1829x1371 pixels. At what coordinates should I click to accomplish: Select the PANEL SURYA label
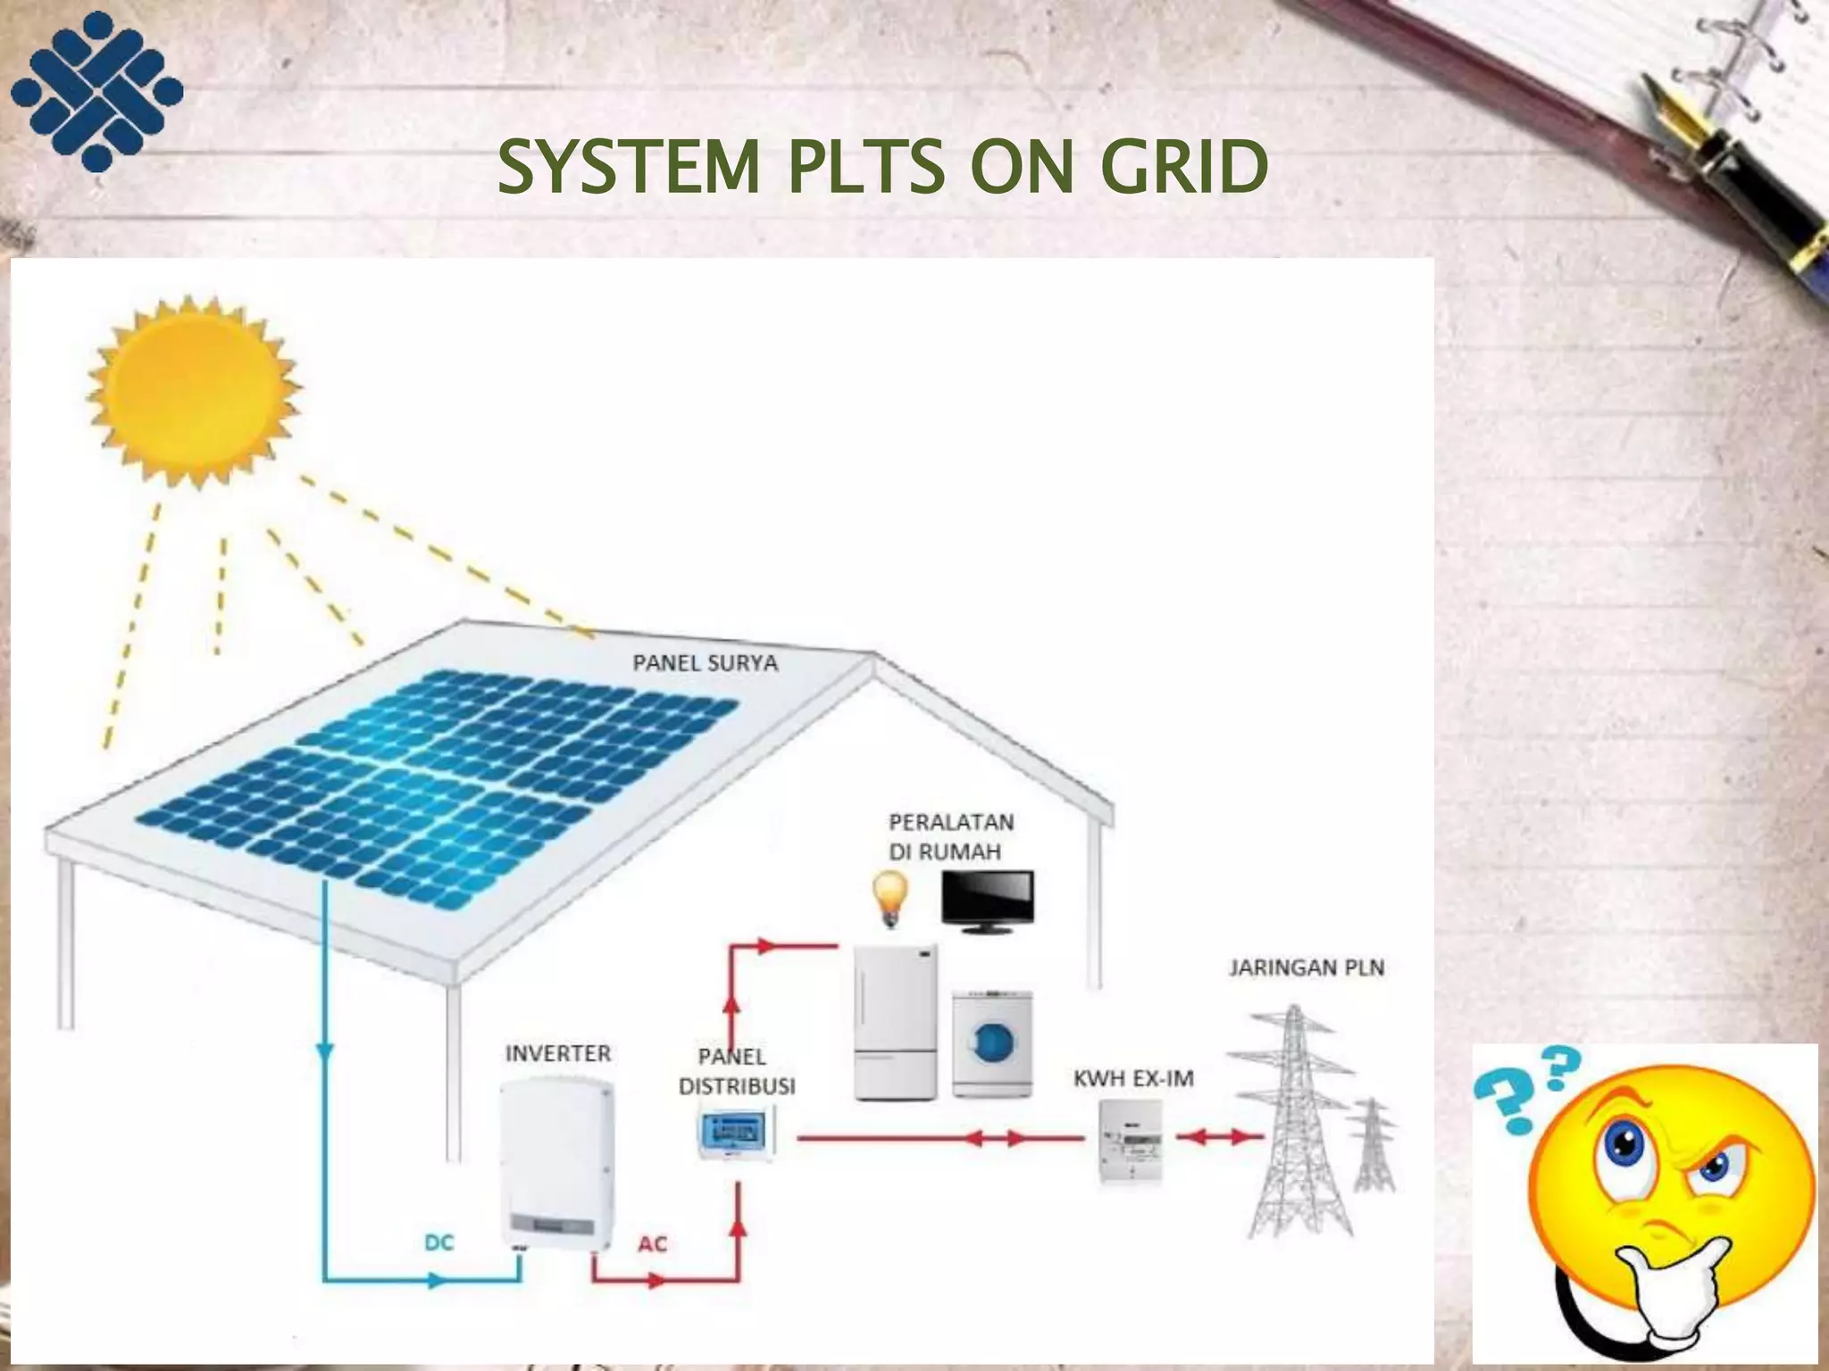tap(705, 663)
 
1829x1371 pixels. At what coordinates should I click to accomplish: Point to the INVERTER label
tap(558, 1054)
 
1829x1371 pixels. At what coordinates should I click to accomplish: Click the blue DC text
tap(438, 1242)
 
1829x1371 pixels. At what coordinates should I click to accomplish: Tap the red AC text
tap(652, 1243)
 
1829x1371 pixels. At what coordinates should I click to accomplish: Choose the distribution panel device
tap(736, 1133)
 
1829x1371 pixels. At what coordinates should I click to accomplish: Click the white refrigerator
tap(896, 1023)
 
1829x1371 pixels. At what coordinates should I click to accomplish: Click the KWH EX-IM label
tap(1132, 1078)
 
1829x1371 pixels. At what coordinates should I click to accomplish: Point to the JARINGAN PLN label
tap(1306, 968)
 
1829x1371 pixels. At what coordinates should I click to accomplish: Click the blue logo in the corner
tap(96, 90)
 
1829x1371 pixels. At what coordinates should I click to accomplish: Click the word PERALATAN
tap(951, 821)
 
